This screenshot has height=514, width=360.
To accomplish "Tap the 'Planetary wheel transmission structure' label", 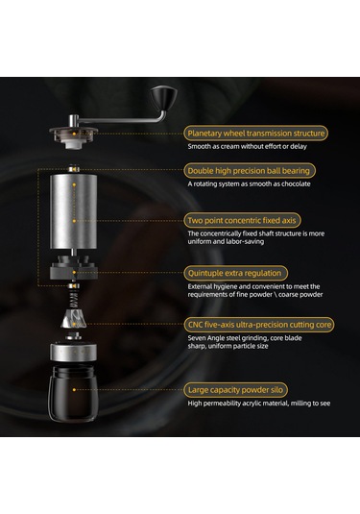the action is click(x=255, y=134).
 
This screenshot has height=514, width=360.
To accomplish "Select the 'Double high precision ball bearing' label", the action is click(x=249, y=171).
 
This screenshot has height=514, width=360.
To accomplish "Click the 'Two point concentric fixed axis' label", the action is click(x=242, y=220).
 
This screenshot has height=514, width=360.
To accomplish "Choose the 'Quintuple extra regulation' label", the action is click(x=234, y=273).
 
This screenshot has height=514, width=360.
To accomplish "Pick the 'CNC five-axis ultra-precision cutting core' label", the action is click(x=259, y=325).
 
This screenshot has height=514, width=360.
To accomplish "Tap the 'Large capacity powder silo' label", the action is click(x=235, y=390).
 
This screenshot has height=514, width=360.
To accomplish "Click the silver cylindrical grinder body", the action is click(x=74, y=211).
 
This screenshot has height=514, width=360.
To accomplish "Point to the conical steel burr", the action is click(x=74, y=319).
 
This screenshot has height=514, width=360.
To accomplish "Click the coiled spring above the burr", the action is click(x=74, y=299).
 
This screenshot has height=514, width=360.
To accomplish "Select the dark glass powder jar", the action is click(x=73, y=393).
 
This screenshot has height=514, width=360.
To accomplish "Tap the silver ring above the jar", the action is click(x=73, y=352).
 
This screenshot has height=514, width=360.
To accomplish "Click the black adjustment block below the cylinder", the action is click(x=73, y=268).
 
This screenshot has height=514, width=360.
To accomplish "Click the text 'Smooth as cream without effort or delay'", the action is click(x=248, y=147).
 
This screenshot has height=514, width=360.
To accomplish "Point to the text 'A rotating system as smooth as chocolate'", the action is click(x=249, y=184).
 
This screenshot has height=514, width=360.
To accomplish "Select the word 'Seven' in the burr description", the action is click(x=197, y=338).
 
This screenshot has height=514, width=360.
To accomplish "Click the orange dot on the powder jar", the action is click(x=74, y=390).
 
